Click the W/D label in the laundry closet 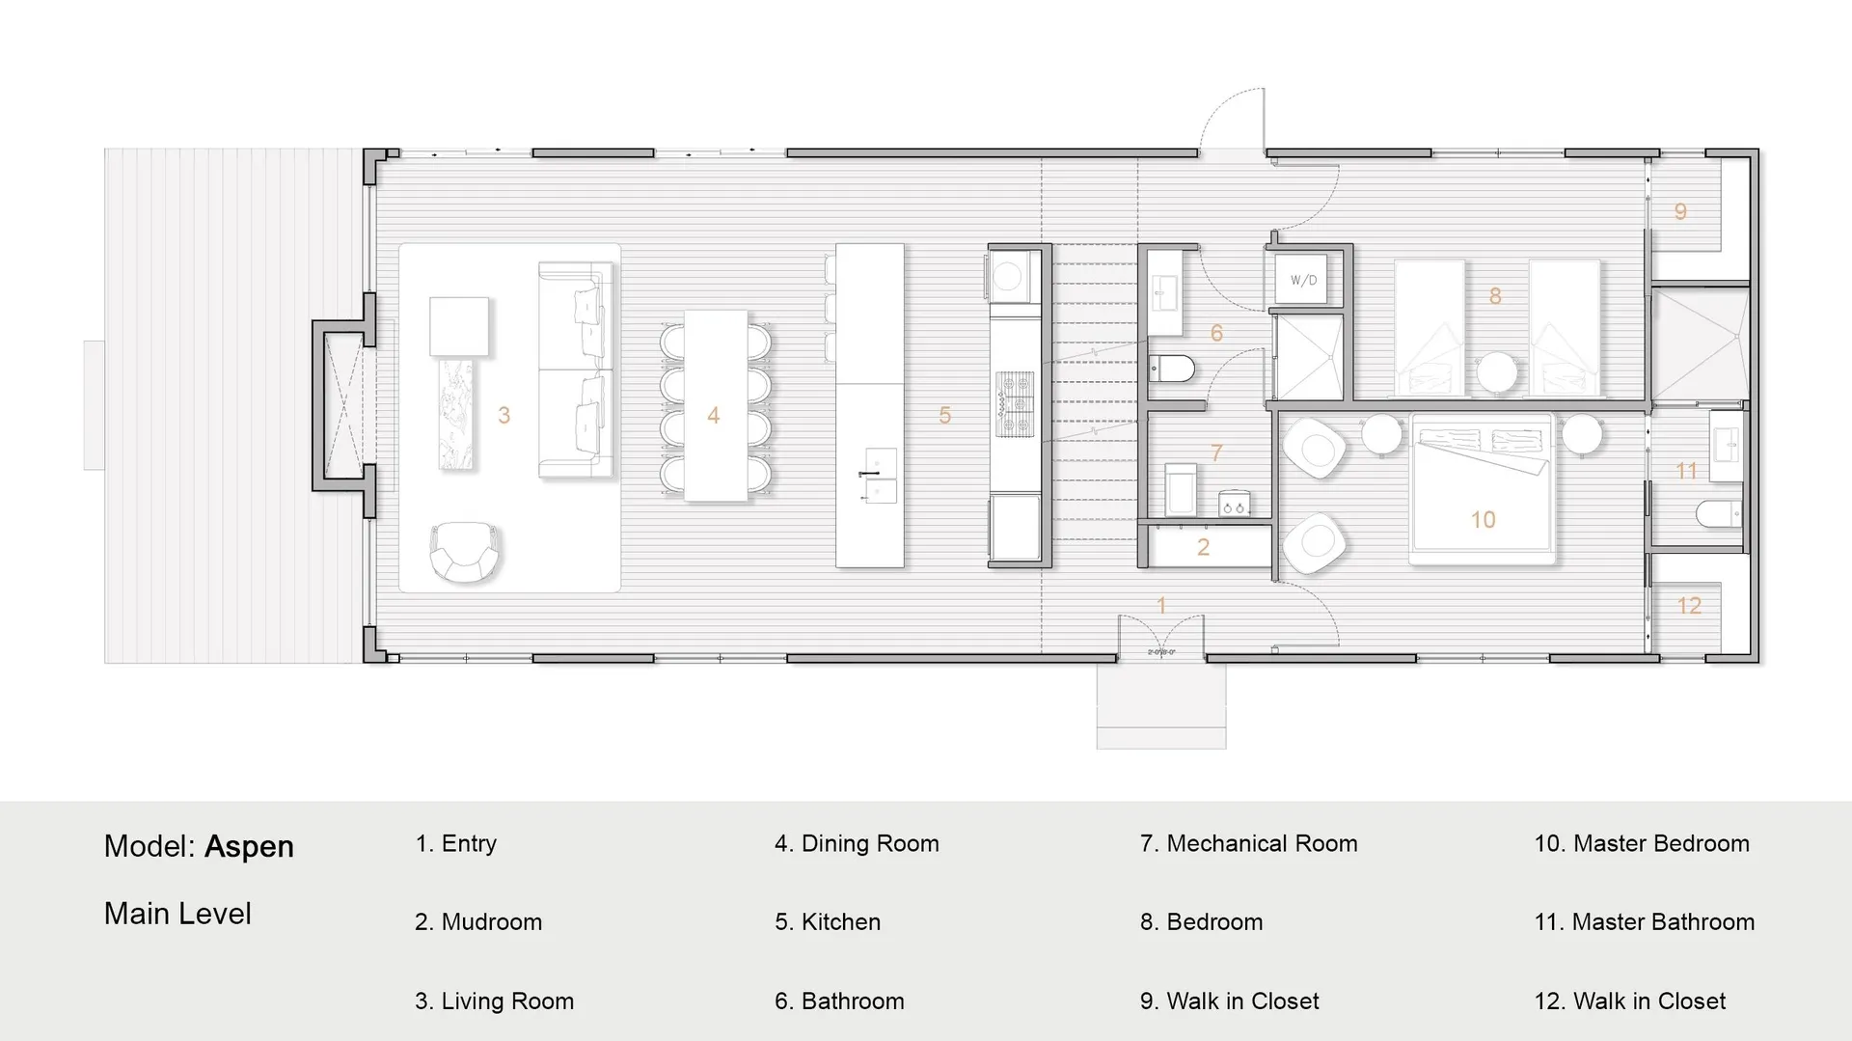pos(1303,281)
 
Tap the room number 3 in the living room pos(504,415)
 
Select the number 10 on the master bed pos(1483,520)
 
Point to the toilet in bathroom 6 pos(1172,368)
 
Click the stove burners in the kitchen pos(1015,404)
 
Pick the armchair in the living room pos(465,552)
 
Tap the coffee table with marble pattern pos(456,414)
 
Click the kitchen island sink pos(879,476)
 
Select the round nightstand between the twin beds pos(1497,372)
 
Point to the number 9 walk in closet pos(1680,211)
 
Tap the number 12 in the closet pos(1689,606)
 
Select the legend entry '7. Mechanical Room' pos(1248,843)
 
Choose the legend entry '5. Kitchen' pos(828,922)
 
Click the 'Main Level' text pos(177,914)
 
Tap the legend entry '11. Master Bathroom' pos(1644,922)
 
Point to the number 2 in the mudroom pos(1203,547)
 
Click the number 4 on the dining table pos(713,415)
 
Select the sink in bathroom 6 pos(1165,289)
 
